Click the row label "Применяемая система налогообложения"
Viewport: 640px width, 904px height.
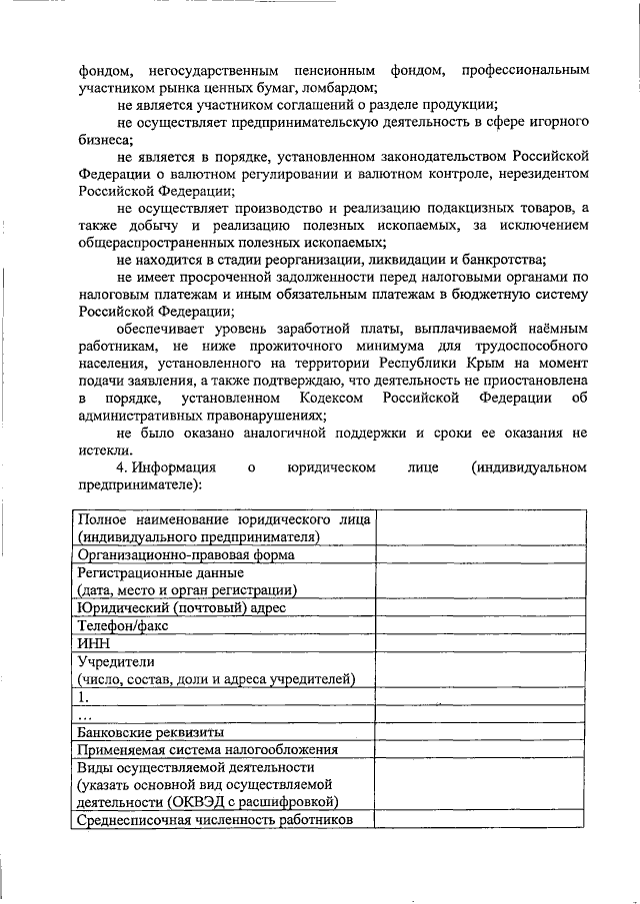[x=208, y=749]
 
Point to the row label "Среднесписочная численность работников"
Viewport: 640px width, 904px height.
[x=215, y=820]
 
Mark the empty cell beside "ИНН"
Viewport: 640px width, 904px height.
[x=481, y=642]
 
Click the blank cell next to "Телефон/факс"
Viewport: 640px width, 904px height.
[x=481, y=625]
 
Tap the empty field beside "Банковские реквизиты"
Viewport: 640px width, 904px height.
[x=481, y=731]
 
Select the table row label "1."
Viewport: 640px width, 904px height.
[x=84, y=697]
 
